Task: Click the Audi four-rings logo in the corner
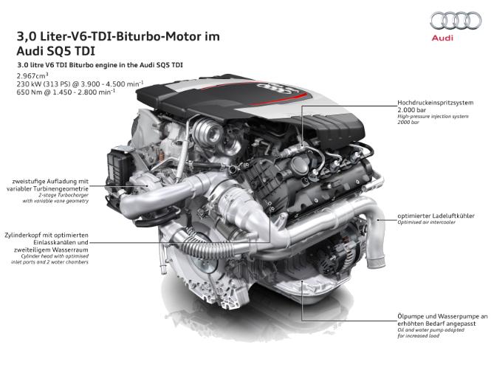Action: [456, 21]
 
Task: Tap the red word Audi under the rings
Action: [442, 38]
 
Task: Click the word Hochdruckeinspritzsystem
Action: [435, 103]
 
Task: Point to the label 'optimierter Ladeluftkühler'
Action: [436, 216]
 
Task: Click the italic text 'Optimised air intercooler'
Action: [426, 222]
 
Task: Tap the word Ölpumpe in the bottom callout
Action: [409, 316]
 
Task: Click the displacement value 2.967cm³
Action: [32, 75]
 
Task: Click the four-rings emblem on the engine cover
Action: [273, 87]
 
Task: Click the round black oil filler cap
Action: [300, 164]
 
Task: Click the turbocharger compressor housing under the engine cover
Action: [208, 132]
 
